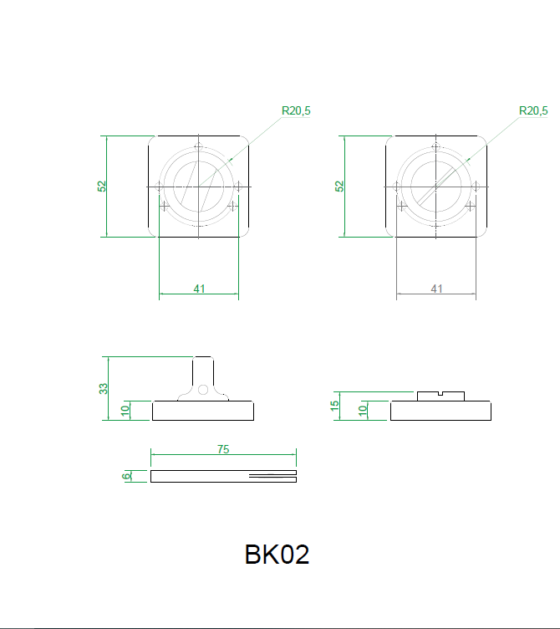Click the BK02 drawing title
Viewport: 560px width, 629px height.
click(x=277, y=555)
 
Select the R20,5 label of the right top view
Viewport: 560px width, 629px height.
click(x=533, y=110)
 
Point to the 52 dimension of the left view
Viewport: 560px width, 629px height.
click(x=102, y=186)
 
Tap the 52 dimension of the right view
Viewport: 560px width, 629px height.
click(x=339, y=186)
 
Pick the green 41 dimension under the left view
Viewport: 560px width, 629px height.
click(x=199, y=289)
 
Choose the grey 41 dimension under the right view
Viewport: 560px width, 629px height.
click(x=436, y=289)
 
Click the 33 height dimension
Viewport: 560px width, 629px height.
click(x=104, y=388)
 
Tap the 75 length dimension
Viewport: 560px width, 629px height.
click(x=223, y=449)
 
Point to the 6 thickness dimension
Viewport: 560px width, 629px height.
click(x=126, y=476)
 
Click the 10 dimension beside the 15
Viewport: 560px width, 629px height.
click(x=363, y=410)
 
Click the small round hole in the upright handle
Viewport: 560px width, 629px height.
click(x=203, y=389)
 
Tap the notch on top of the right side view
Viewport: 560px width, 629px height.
click(x=440, y=392)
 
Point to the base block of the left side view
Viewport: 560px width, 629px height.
click(x=203, y=411)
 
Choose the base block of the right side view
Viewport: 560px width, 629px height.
click(x=440, y=411)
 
